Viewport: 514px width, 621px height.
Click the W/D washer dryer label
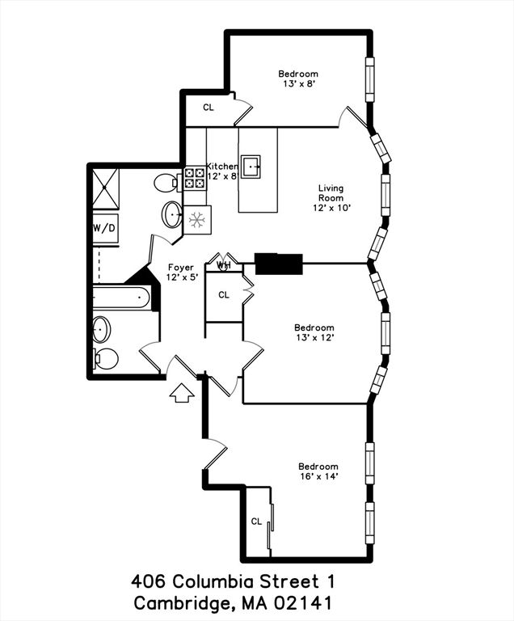[106, 228]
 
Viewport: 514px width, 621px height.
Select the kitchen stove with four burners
[194, 178]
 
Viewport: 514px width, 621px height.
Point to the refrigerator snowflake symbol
[196, 219]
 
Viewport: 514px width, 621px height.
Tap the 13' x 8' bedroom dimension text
[298, 83]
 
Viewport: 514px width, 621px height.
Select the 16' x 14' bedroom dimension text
[318, 477]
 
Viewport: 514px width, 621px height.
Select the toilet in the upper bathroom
[164, 181]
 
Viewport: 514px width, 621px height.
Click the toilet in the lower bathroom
[105, 357]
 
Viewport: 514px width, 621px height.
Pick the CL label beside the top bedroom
[209, 108]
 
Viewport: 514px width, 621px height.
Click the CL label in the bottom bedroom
[256, 522]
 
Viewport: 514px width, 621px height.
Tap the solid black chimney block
[278, 263]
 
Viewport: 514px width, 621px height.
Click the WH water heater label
[224, 264]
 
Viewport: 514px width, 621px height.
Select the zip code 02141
[303, 602]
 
